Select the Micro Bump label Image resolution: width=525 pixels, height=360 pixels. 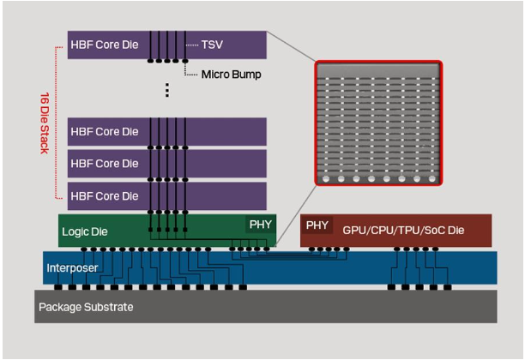tap(231, 75)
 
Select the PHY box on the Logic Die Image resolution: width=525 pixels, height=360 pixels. tap(260, 225)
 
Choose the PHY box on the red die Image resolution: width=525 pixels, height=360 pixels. tap(317, 225)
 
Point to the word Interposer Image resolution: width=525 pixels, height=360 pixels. tap(71, 268)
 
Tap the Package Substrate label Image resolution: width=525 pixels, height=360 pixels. tap(86, 306)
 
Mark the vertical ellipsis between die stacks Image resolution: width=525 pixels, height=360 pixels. tap(167, 90)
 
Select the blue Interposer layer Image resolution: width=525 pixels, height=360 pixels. tap(343, 267)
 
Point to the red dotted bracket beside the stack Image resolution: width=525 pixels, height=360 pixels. tap(57, 120)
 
